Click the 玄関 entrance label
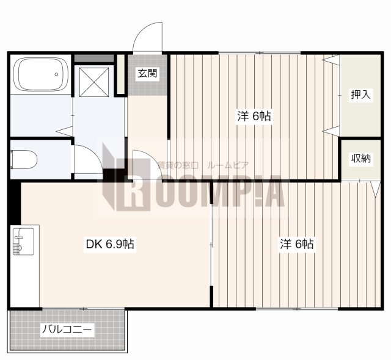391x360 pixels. pos(147,73)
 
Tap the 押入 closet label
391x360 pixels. pos(360,95)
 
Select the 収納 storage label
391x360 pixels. pos(361,159)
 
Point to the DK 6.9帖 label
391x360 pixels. pos(110,244)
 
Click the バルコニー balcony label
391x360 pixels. pos(67,330)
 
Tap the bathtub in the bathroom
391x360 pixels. pos(41,74)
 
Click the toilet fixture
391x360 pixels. pos(24,160)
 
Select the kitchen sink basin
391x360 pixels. pos(23,241)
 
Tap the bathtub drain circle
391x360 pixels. pos(56,74)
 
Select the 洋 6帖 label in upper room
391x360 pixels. pos(254,116)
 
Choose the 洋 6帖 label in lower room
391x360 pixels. pos(297,244)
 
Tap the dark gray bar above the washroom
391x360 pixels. pos(94,59)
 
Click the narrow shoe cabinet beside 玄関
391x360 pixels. pos(121,74)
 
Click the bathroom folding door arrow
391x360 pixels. pos(65,131)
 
